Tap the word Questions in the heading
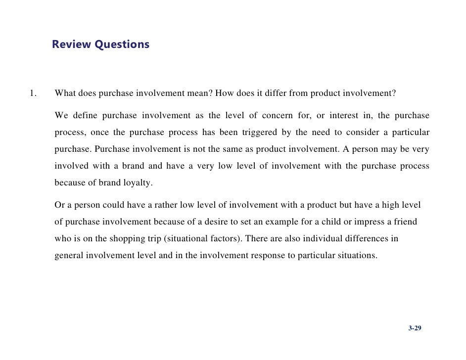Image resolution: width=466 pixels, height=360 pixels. (x=122, y=45)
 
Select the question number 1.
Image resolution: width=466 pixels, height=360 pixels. (x=32, y=92)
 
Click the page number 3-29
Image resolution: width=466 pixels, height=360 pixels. (x=415, y=328)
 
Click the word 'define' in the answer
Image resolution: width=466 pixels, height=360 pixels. (x=85, y=116)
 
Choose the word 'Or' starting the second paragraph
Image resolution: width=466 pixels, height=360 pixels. (x=60, y=205)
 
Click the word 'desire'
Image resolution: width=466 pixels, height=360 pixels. (x=228, y=222)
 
